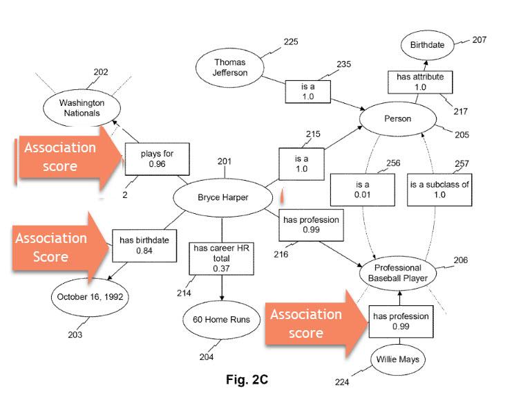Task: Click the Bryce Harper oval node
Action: pos(222,197)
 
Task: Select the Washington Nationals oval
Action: pos(79,108)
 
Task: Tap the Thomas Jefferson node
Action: pos(229,68)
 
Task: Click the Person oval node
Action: pos(397,118)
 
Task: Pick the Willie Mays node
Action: pos(398,359)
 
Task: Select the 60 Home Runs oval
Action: pos(222,319)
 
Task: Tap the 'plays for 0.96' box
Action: pos(157,159)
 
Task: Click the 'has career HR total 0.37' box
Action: pos(221,258)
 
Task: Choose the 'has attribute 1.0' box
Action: pos(419,82)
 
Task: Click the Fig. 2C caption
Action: pos(247,379)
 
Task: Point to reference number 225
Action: pos(291,42)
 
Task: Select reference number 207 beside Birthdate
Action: pos(479,39)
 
